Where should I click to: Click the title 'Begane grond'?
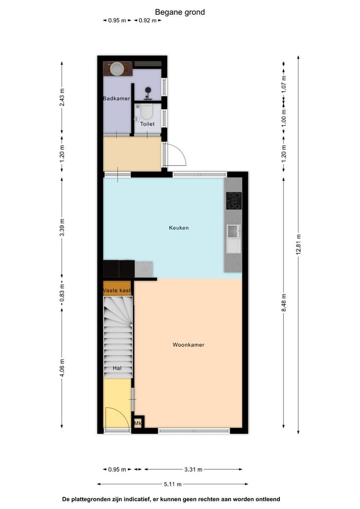click(x=180, y=12)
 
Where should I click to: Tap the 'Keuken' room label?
click(x=179, y=228)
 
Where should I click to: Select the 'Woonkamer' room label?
click(x=188, y=345)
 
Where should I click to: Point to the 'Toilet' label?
click(x=147, y=124)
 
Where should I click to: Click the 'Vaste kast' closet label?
click(x=117, y=291)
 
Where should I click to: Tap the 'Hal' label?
click(x=117, y=368)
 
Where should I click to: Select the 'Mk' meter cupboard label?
click(x=138, y=423)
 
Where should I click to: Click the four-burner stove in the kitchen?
click(x=233, y=200)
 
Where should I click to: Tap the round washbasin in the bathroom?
click(x=117, y=68)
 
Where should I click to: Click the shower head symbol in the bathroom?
click(x=149, y=91)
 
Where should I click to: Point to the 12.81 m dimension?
click(x=298, y=244)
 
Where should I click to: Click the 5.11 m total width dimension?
click(x=172, y=484)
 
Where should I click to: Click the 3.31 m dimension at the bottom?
click(x=192, y=469)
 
